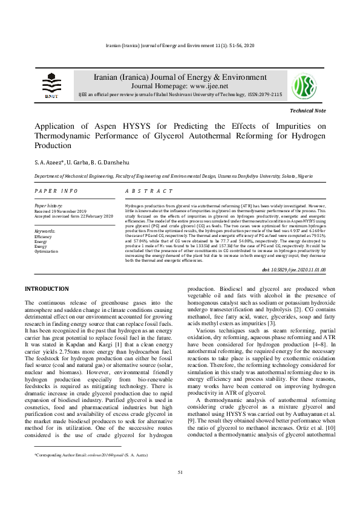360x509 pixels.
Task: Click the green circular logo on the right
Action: (304, 86)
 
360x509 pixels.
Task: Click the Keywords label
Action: (45, 231)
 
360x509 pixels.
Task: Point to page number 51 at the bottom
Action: (180, 488)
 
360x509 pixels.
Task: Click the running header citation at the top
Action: (180, 46)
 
